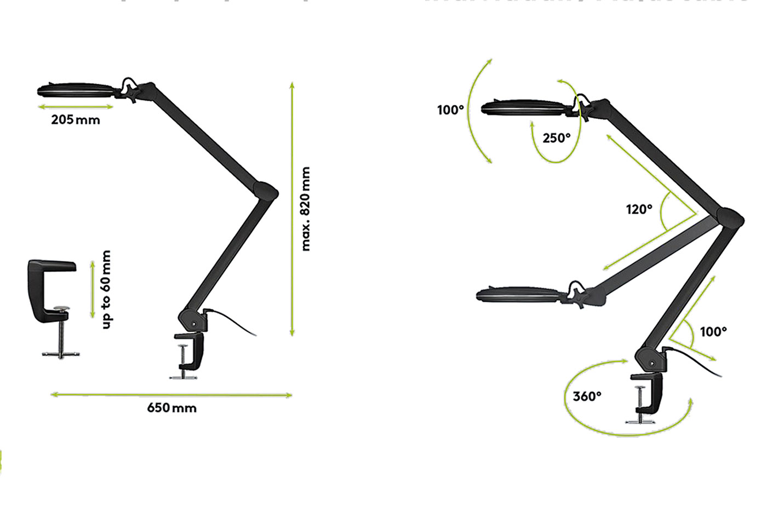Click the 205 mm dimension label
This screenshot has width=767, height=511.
point(76,120)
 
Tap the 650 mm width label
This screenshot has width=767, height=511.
point(171,408)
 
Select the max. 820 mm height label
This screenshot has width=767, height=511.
point(306,209)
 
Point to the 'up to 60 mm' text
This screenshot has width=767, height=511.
point(106,289)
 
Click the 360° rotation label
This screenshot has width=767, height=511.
point(587,396)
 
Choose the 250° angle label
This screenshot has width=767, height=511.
point(556,138)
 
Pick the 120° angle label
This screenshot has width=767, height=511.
point(639,209)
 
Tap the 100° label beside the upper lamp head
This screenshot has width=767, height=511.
point(450,110)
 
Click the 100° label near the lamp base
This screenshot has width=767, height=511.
point(713,331)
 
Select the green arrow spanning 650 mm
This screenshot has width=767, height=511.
point(171,394)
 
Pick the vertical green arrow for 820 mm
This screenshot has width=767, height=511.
point(292,209)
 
